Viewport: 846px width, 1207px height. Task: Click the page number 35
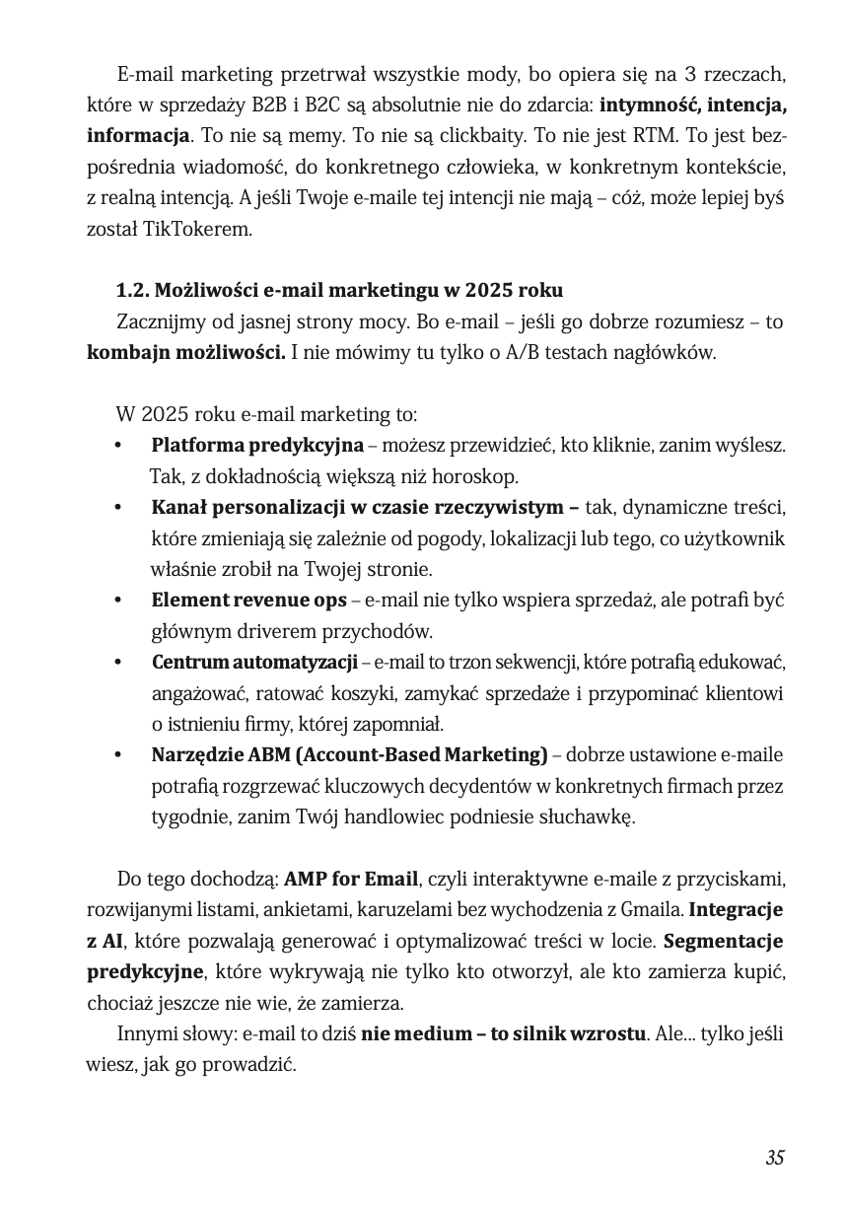pos(774,1158)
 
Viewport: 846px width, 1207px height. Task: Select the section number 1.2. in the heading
pos(134,291)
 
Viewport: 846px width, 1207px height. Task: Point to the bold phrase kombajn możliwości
pos(186,352)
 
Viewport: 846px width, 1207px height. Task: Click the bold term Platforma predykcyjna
pos(257,446)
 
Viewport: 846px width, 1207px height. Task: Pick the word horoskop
pos(477,477)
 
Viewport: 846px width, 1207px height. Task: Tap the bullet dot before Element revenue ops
pos(118,601)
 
